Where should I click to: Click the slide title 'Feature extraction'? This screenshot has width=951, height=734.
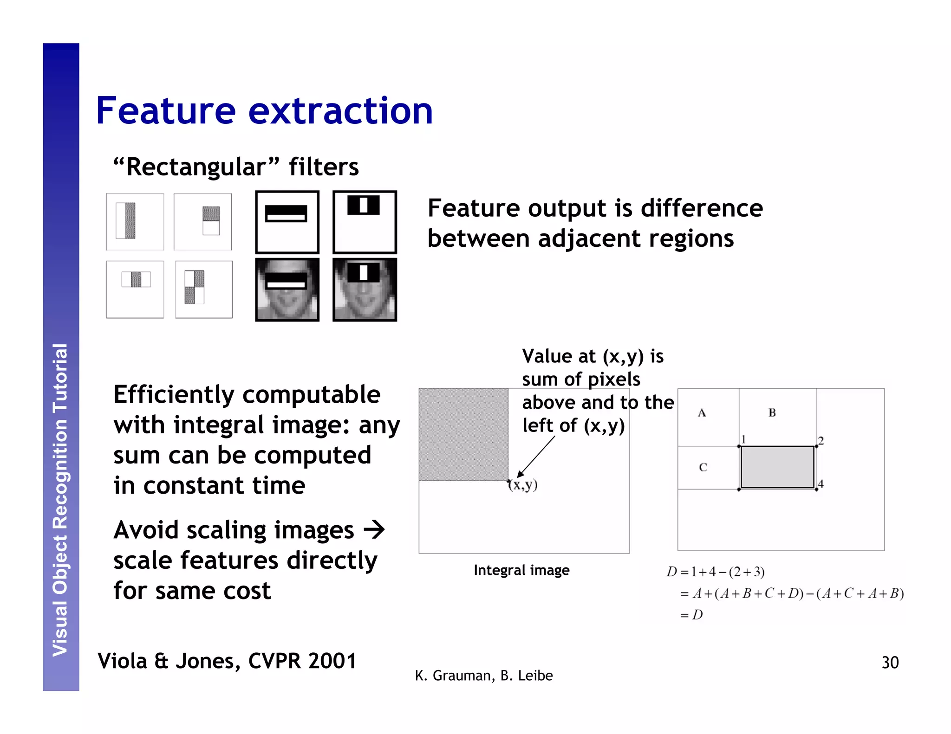[x=264, y=111]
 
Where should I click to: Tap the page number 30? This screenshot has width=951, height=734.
[x=890, y=662]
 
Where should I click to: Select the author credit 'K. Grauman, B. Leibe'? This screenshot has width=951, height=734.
[x=483, y=676]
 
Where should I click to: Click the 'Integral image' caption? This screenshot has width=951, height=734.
[x=521, y=570]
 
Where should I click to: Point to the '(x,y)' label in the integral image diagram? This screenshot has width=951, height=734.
[x=523, y=485]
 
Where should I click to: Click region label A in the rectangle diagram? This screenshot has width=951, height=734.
[x=702, y=413]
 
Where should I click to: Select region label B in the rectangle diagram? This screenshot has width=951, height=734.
[x=772, y=412]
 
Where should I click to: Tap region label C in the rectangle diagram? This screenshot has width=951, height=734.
[x=703, y=467]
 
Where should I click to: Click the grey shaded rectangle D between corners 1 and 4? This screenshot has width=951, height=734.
[x=777, y=467]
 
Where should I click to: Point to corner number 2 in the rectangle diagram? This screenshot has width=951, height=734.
[x=821, y=440]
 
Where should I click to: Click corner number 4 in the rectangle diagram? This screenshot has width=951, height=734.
[x=821, y=484]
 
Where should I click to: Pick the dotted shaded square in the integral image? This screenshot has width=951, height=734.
[x=463, y=434]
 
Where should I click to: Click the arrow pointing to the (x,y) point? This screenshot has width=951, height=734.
[x=536, y=457]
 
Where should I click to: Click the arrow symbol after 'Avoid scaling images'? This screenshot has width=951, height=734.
[x=374, y=529]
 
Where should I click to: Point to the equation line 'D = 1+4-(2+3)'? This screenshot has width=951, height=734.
[x=716, y=572]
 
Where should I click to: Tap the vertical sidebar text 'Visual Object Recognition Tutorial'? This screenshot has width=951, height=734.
[x=61, y=500]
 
